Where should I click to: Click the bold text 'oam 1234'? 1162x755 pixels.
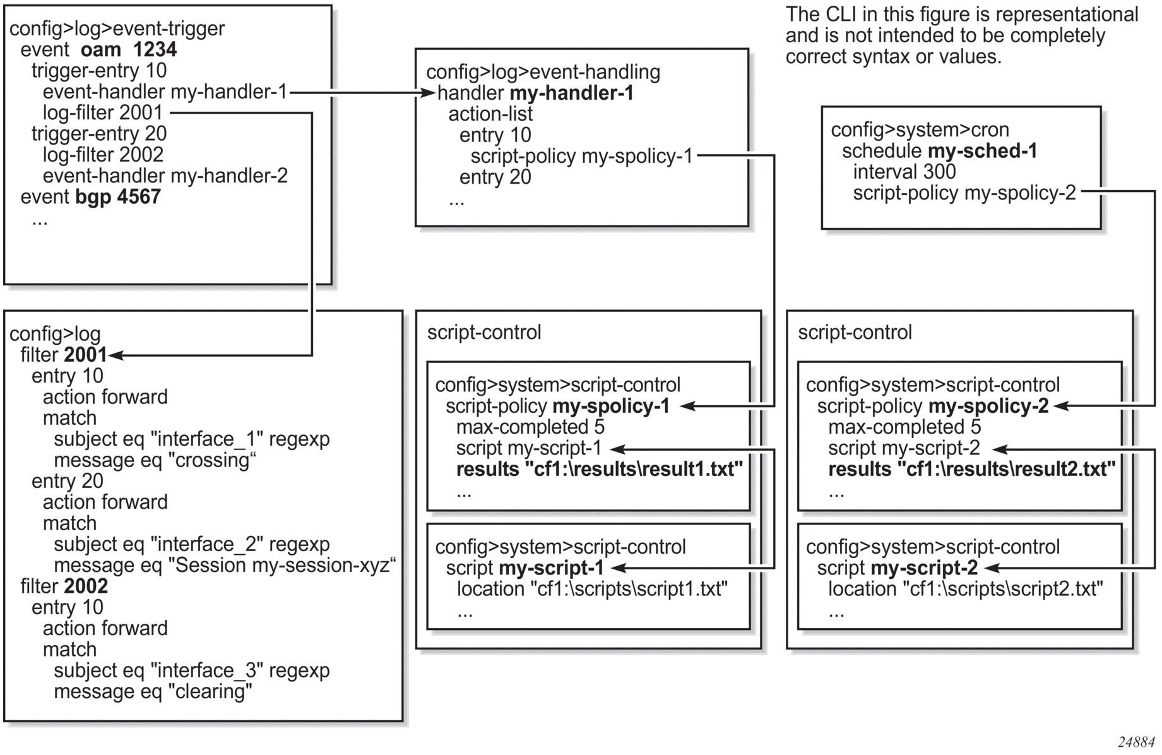tap(129, 50)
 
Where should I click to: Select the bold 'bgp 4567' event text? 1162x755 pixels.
tap(118, 197)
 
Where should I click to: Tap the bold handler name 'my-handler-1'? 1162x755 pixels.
tap(571, 93)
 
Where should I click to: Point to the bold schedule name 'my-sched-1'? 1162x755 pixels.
tap(983, 151)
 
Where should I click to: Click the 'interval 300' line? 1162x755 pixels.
tap(904, 172)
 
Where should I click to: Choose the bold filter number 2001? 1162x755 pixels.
tap(85, 355)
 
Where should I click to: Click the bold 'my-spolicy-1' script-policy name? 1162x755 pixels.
tap(611, 407)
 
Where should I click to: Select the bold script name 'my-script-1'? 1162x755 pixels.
tap(551, 568)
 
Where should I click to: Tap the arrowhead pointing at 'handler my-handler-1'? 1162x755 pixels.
tap(430, 93)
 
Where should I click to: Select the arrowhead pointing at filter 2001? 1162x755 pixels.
tap(114, 355)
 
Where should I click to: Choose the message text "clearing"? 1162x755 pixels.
tap(210, 692)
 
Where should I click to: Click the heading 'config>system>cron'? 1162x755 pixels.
tap(920, 130)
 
